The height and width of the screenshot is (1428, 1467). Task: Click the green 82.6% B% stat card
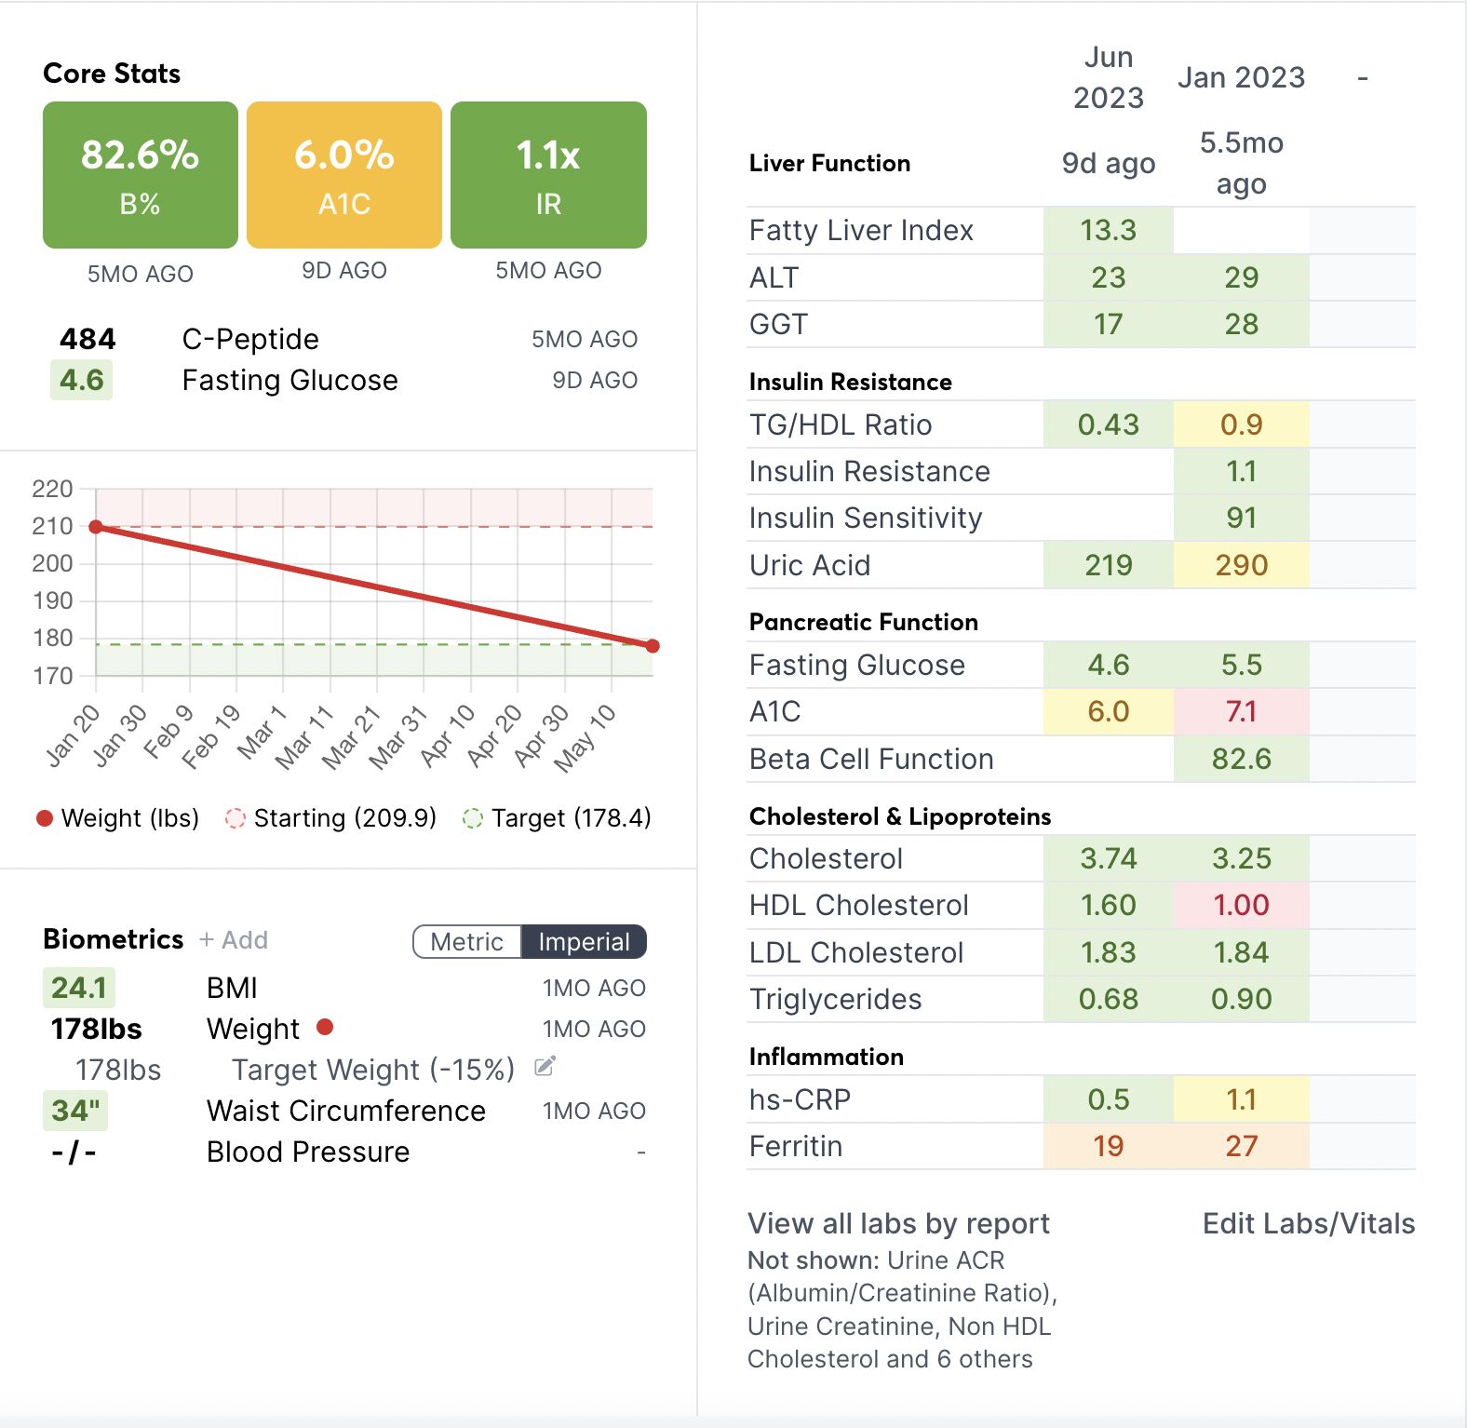coord(140,175)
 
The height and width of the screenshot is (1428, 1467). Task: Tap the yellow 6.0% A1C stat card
coord(344,175)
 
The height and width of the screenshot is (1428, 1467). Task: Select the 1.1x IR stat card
coord(548,175)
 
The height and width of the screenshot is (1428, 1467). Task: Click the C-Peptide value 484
coord(87,339)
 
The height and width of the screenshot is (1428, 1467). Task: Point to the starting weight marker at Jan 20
coord(96,527)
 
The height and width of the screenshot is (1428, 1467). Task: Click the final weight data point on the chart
coord(653,646)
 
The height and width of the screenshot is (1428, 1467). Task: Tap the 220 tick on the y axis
coord(52,489)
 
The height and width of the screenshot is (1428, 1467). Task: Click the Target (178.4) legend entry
coord(558,818)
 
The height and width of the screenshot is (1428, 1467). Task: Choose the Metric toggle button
coord(467,942)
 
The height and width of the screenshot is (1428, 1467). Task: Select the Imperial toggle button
coord(584,942)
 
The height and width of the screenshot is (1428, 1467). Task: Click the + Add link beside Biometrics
coord(234,940)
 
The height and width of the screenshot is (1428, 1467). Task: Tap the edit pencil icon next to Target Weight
coord(545,1067)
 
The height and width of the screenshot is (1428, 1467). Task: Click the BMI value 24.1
coord(79,988)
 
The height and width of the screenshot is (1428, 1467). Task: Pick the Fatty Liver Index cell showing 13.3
coord(1108,230)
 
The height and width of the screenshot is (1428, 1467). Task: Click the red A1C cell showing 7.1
coord(1241,712)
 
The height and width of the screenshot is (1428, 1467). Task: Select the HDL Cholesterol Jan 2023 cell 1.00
coord(1241,905)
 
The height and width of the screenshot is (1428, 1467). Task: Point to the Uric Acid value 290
coord(1241,565)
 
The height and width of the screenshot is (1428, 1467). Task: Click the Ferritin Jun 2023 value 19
coord(1108,1146)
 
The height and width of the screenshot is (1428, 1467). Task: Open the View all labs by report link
coord(898,1223)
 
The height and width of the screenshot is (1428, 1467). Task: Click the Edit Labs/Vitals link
coord(1308,1223)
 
